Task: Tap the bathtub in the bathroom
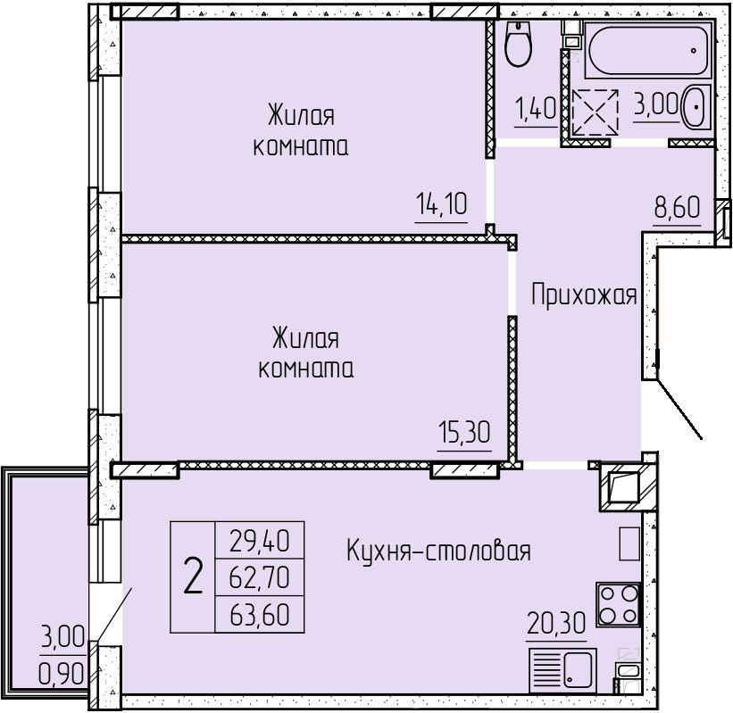pos(648,51)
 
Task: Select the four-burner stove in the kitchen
pos(618,604)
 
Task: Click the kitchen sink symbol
pos(562,669)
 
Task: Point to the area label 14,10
pos(441,204)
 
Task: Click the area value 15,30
pos(464,432)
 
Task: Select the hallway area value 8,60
pos(677,207)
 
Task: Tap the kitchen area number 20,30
pos(556,623)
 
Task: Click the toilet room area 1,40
pos(536,108)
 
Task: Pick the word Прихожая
pos(584,294)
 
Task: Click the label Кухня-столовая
pos(438,551)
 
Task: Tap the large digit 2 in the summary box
pos(193,576)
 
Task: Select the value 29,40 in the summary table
pos(260,541)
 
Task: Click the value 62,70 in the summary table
pos(260,577)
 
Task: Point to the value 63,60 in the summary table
pos(260,615)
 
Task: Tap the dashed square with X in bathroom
pos(596,112)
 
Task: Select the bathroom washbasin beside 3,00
pos(696,106)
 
